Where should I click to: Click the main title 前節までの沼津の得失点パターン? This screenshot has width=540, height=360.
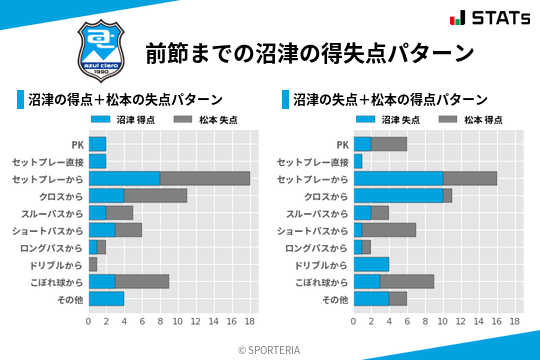point(308,52)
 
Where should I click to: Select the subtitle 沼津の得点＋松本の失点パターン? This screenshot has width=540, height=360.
point(124,100)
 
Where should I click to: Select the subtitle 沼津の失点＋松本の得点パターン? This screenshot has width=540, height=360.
point(390,100)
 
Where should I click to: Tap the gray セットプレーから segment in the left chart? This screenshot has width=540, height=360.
point(205,178)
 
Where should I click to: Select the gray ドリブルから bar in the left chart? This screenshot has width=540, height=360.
point(93,264)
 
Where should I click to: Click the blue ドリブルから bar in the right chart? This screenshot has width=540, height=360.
point(371,264)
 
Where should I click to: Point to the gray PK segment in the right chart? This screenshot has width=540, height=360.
point(389,144)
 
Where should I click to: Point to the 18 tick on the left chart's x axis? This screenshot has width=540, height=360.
point(250,322)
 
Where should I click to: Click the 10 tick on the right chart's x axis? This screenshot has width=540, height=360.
point(443,322)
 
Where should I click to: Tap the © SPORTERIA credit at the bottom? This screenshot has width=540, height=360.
point(270,349)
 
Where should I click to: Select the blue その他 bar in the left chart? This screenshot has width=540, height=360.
point(106,299)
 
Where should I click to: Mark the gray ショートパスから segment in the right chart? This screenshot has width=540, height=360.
point(389,230)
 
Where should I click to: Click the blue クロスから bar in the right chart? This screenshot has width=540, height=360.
point(398,196)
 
